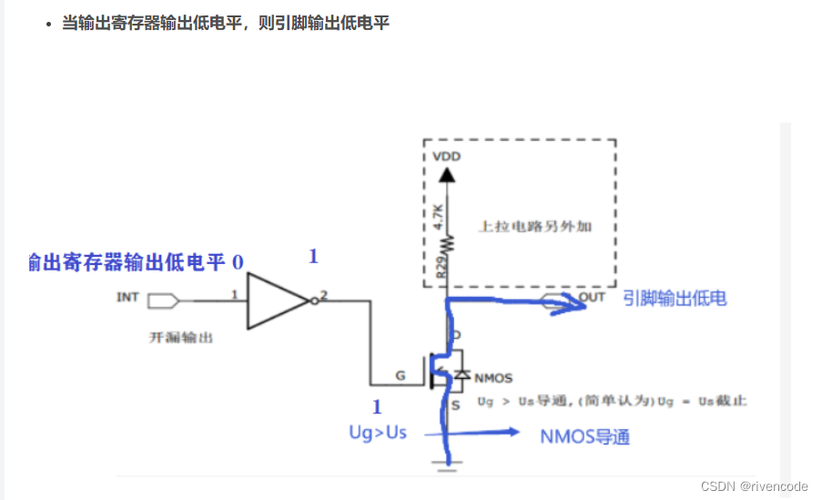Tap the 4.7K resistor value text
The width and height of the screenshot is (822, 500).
coord(438,216)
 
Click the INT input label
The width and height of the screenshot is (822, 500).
coord(128,297)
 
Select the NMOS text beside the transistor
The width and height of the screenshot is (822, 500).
coord(494,378)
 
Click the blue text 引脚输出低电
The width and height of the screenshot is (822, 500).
coord(675,298)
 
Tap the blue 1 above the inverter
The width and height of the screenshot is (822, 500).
coord(313,257)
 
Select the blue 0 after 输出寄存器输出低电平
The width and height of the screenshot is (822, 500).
coord(238,263)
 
